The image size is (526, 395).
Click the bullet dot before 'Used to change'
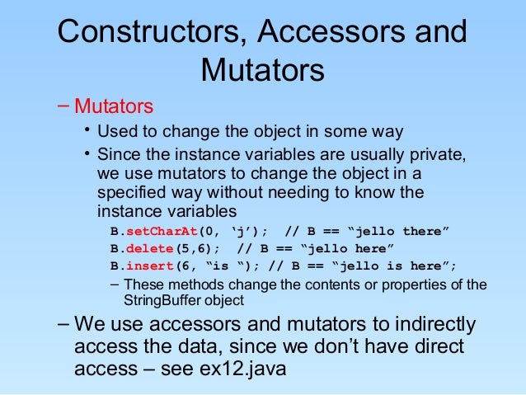pos(86,131)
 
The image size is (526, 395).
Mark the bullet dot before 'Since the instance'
pos(86,153)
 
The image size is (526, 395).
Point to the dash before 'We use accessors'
pos(63,322)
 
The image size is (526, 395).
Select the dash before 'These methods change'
pos(114,285)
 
